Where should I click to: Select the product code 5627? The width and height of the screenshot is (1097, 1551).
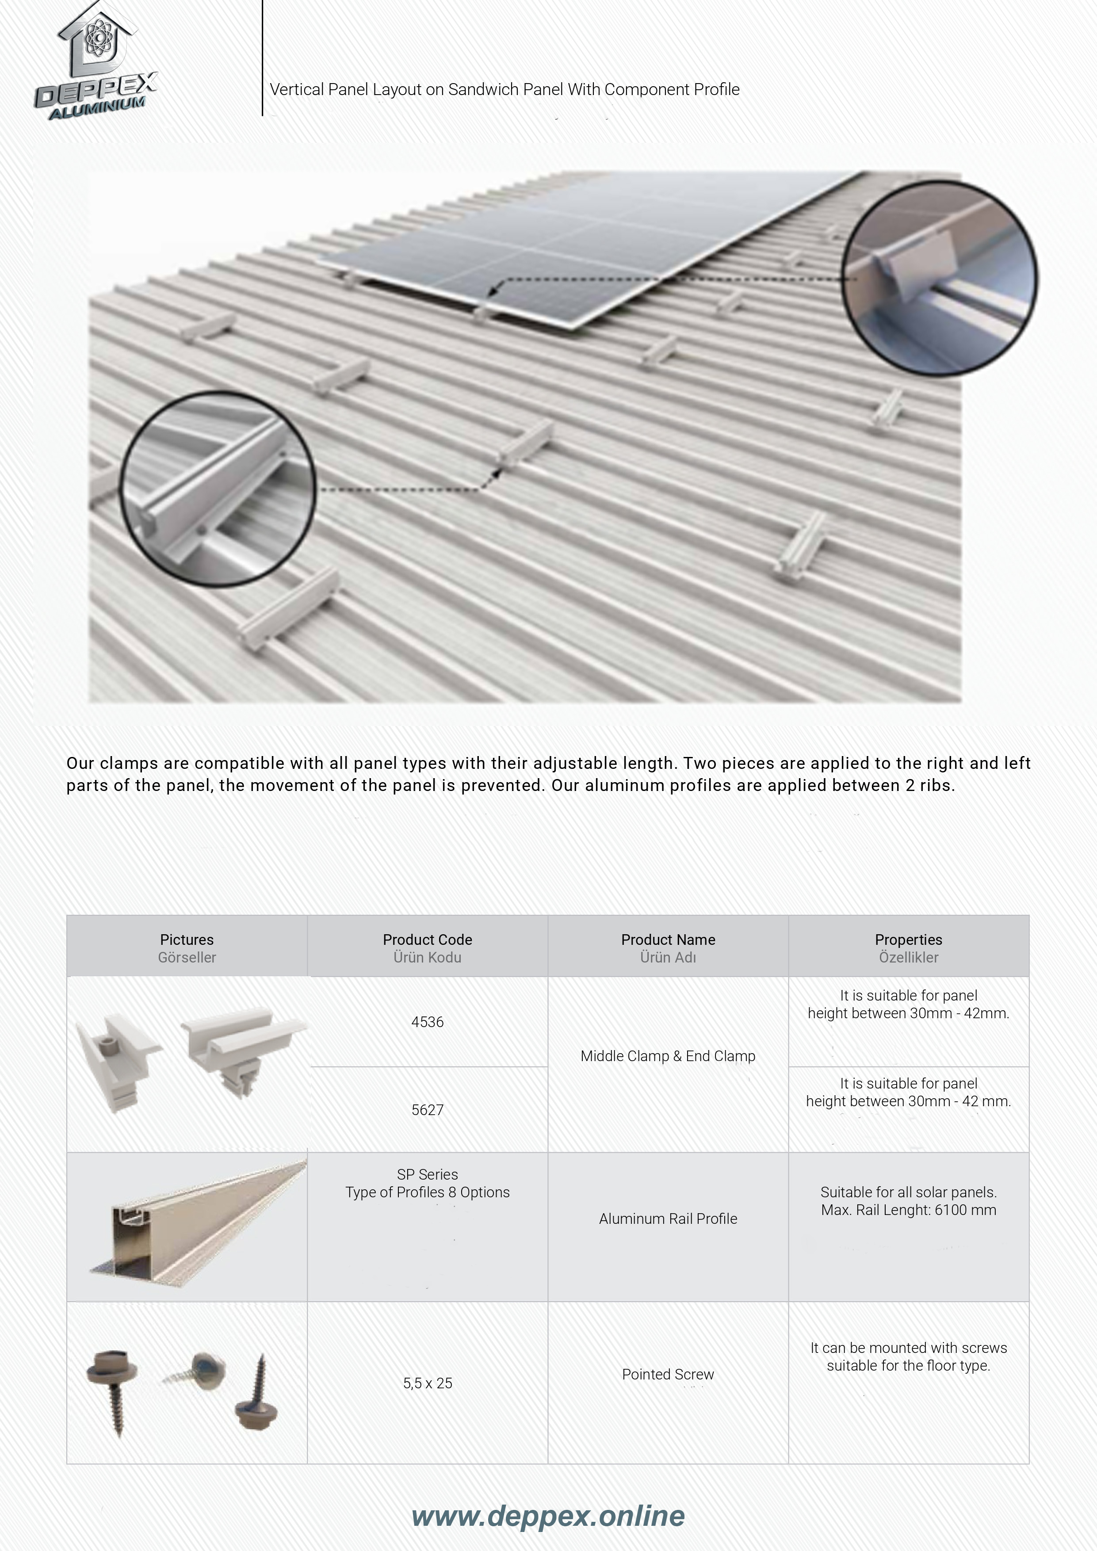click(x=427, y=1109)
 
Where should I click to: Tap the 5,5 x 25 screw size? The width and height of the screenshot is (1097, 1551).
click(x=427, y=1383)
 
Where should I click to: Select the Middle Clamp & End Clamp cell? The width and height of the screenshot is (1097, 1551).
click(x=667, y=1056)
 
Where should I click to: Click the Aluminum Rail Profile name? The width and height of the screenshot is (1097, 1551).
click(x=667, y=1219)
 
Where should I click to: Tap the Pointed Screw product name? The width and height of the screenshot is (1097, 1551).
click(x=667, y=1374)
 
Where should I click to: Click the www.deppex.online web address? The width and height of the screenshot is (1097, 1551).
click(x=548, y=1516)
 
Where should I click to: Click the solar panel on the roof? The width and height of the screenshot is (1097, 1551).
click(x=574, y=250)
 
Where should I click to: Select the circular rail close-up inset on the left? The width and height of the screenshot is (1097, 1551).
click(x=218, y=489)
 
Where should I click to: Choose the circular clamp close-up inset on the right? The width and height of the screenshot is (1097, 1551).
click(x=940, y=278)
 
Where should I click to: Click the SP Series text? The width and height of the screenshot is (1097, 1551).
click(x=427, y=1174)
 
